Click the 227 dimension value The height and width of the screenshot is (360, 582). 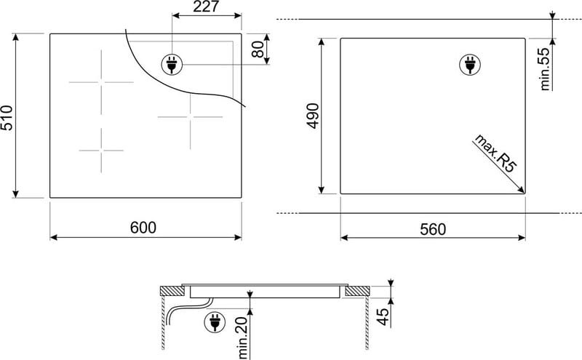[x=207, y=7]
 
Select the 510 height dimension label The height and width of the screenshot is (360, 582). [x=7, y=118]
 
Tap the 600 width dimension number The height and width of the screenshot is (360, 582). [x=143, y=228]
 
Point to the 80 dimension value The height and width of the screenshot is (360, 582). [x=258, y=49]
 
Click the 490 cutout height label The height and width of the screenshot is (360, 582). [x=313, y=116]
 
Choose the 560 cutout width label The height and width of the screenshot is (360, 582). [x=433, y=229]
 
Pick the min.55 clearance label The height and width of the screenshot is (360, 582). [x=545, y=69]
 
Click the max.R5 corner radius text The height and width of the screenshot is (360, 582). [x=495, y=153]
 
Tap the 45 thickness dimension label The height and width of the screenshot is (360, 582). [x=383, y=316]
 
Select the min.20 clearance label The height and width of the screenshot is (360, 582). [x=242, y=337]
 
